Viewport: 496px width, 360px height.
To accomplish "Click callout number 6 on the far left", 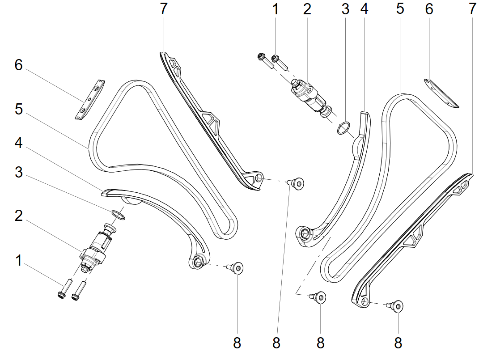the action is tap(19, 65).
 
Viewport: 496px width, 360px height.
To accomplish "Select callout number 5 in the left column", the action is tap(19, 110).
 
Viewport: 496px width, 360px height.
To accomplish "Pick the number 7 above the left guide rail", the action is tap(163, 9).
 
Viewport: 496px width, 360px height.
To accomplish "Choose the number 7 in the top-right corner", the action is tap(472, 9).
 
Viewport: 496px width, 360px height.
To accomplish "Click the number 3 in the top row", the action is tap(345, 9).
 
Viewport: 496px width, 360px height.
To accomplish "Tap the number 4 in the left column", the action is tap(19, 143).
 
